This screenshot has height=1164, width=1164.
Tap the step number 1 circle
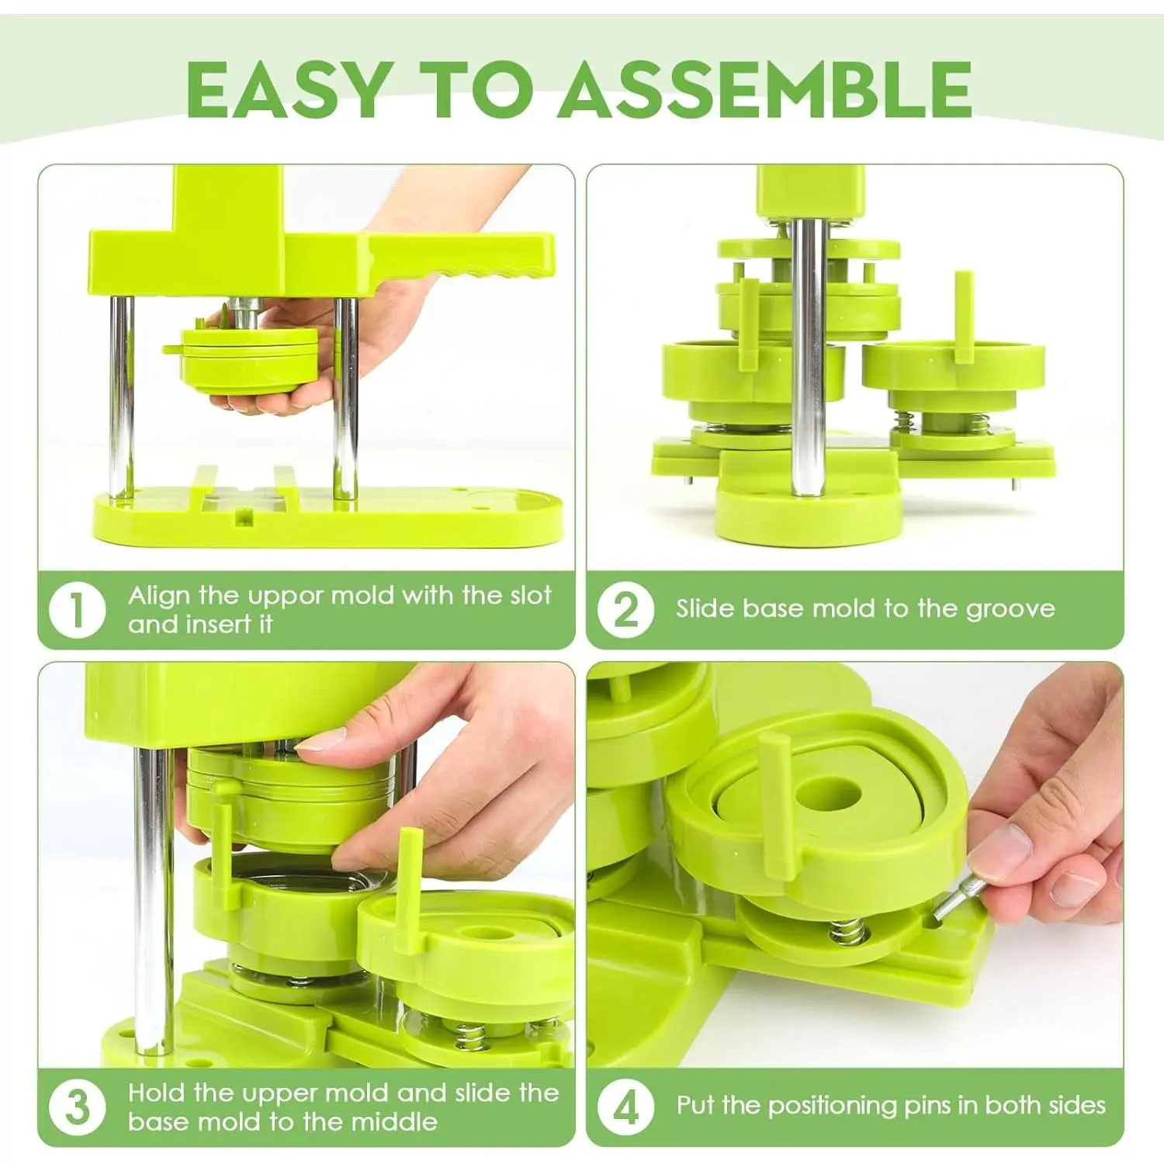click(x=77, y=610)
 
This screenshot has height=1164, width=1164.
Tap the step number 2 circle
click(x=625, y=610)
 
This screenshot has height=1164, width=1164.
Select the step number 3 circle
click(x=77, y=1107)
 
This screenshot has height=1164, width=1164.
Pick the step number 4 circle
click(x=625, y=1107)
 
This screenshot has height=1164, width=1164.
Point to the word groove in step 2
click(x=1010, y=610)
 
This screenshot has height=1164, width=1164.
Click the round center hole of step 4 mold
click(x=829, y=795)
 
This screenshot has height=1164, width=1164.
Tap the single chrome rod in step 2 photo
click(x=807, y=357)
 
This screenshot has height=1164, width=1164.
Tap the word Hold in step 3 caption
click(x=158, y=1093)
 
